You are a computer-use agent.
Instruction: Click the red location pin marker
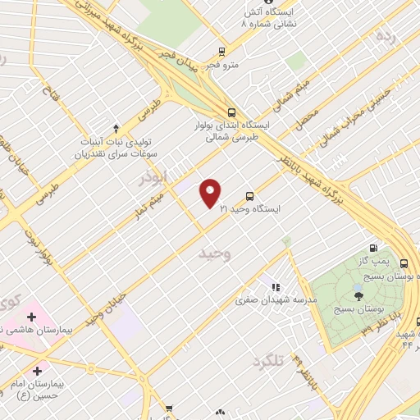tap(211, 193)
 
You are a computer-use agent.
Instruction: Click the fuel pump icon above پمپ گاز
tap(374, 248)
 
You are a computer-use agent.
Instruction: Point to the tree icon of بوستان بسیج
tap(358, 294)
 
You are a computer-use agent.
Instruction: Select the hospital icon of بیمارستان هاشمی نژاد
tap(31, 317)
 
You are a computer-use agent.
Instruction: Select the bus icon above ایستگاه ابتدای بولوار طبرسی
tap(232, 113)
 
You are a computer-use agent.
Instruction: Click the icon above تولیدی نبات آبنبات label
tap(116, 128)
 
